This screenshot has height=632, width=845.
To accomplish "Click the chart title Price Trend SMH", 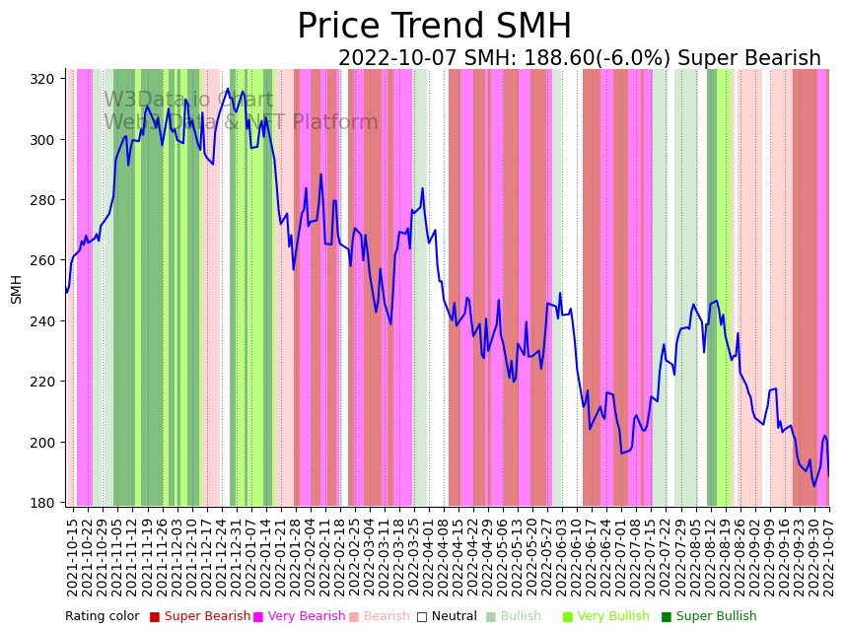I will point(434,27).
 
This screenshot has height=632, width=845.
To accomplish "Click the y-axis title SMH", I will point(17,289).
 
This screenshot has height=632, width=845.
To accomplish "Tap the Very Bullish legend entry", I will point(612,617).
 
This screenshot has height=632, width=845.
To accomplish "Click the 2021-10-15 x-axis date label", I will point(72,552).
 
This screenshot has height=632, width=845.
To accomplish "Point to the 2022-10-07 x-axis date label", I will point(829,552).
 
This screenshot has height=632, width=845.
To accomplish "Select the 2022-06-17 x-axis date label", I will point(590,552).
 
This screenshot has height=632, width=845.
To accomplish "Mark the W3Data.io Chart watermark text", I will point(188,100).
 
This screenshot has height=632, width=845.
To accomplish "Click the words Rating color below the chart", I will point(102,617).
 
